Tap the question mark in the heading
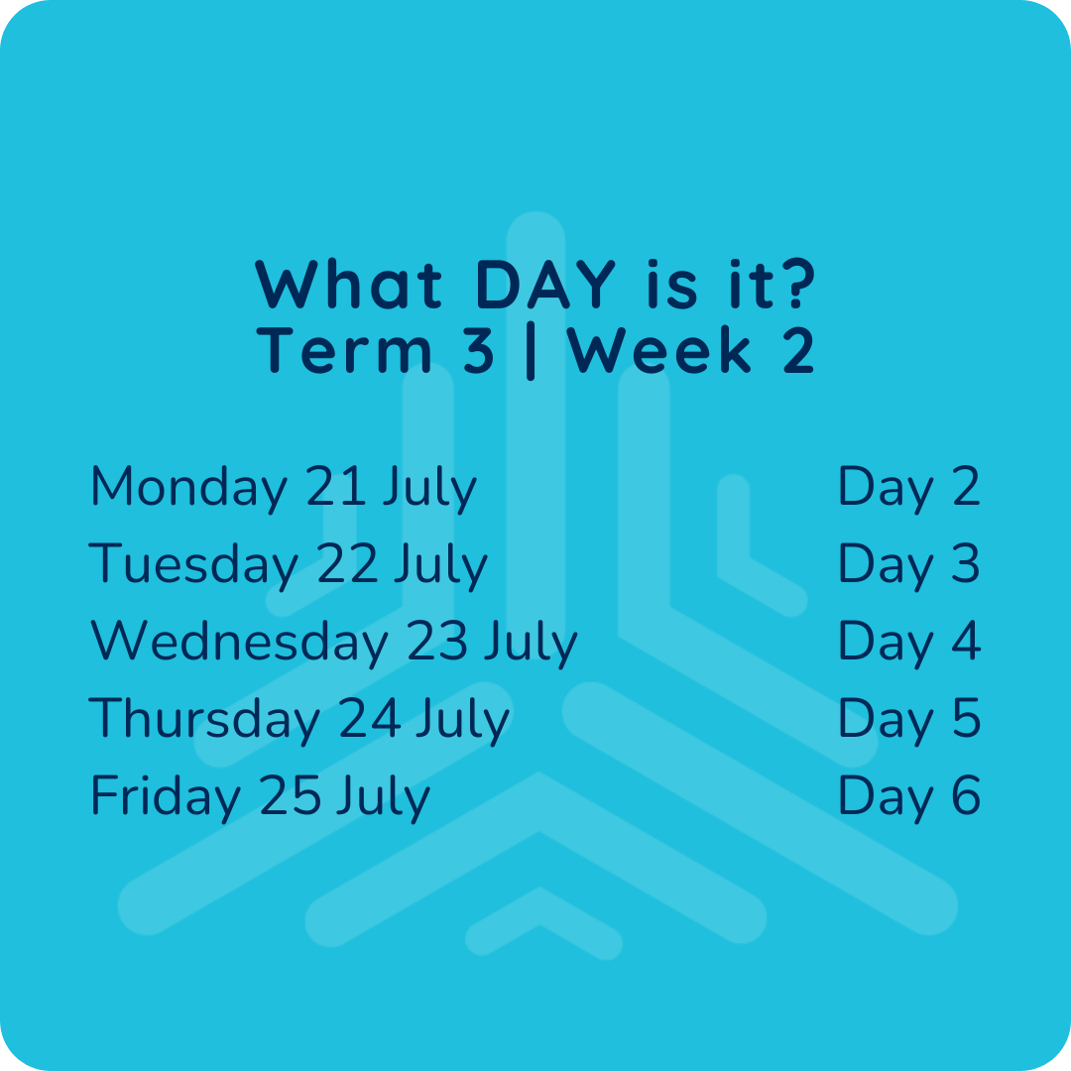tap(796, 284)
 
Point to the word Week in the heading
tap(659, 350)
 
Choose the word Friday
tap(166, 797)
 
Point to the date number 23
tap(437, 641)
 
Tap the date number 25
tap(291, 795)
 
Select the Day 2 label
tap(909, 488)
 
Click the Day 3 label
tap(909, 565)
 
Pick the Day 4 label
tap(909, 643)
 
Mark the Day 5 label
tap(909, 720)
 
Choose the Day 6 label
tap(909, 797)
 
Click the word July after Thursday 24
tap(463, 721)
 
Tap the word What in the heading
tap(348, 284)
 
